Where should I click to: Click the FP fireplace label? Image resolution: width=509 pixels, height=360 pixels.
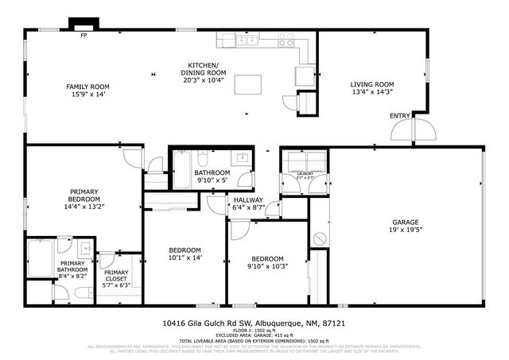click(x=83, y=35)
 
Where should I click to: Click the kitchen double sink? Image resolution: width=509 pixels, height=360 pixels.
click(x=250, y=39)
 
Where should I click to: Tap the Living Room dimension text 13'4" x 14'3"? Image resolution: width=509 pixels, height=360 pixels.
click(x=372, y=92)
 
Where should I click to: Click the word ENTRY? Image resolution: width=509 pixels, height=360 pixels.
click(x=400, y=116)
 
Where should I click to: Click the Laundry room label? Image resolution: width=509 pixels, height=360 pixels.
click(x=305, y=174)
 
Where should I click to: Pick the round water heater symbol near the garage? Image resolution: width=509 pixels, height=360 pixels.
click(x=320, y=238)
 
